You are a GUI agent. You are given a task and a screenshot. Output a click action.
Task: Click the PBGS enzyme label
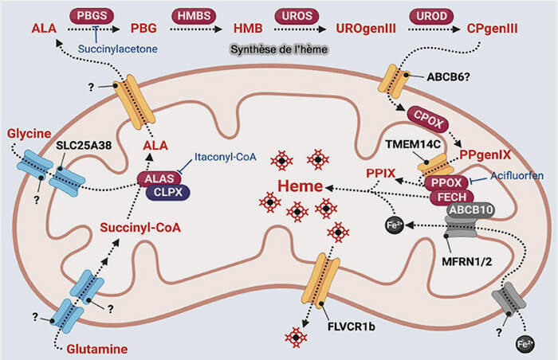pos(92,14)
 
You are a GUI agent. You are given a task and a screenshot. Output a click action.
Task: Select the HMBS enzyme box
pos(193,14)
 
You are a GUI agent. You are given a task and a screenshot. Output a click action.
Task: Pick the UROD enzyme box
pos(430,14)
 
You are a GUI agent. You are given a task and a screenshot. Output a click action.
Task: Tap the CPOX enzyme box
pos(428,115)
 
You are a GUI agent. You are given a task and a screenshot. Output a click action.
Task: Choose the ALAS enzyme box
pos(158,178)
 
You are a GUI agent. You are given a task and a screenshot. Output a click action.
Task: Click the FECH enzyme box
pos(451,197)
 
